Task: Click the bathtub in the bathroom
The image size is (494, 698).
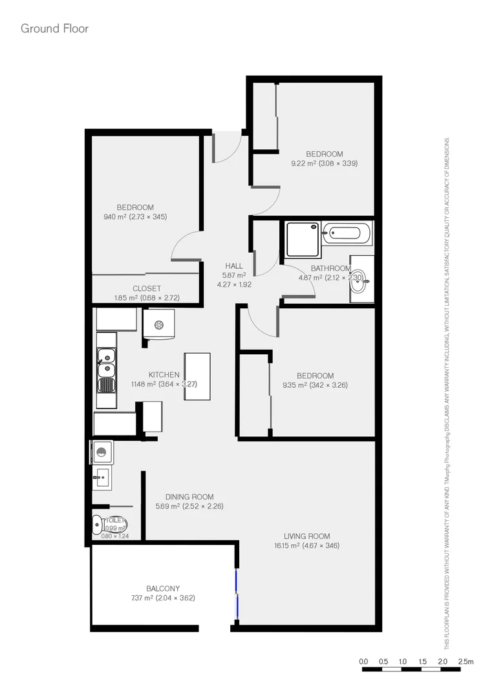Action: coord(348,233)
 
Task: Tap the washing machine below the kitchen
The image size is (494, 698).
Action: coord(102,452)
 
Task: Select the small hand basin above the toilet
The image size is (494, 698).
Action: coord(102,479)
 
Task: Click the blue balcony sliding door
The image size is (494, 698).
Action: coord(237,594)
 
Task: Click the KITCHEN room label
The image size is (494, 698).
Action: coord(164,375)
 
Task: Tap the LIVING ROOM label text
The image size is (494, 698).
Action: coord(306,536)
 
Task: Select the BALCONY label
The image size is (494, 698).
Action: coord(163,588)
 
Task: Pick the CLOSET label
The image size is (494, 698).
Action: coord(147,288)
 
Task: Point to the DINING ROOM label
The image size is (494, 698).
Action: coord(189,496)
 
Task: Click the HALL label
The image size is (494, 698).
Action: coord(234,266)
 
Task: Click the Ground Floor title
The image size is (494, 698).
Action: coord(54,28)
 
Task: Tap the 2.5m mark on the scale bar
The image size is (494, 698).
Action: coord(466,662)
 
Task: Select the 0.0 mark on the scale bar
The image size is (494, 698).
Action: coord(363,662)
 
